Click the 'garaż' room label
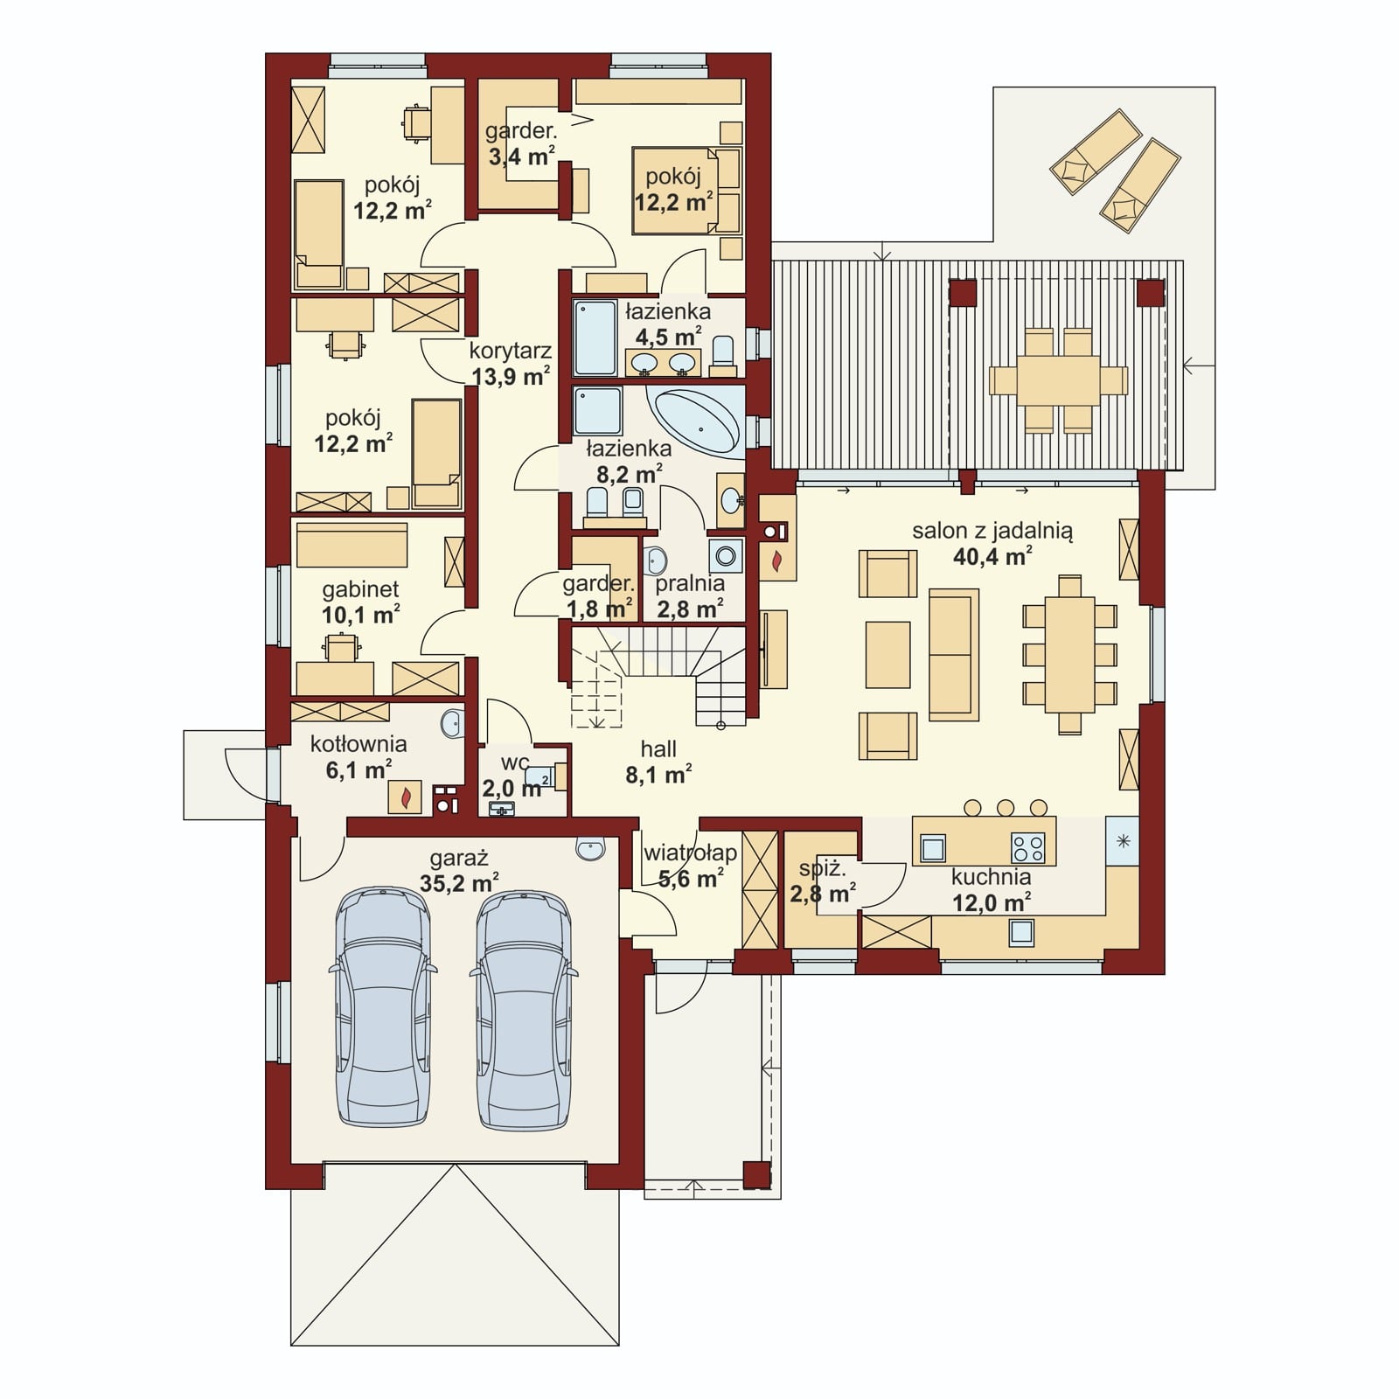point(458,858)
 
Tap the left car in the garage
point(383,1007)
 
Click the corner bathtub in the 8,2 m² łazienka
point(696,421)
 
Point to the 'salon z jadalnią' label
point(992,531)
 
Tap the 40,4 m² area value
point(992,555)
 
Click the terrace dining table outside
point(1057,381)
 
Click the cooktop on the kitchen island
point(1027,847)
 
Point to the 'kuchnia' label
point(991,877)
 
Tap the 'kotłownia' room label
point(358,744)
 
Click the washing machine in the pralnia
point(726,555)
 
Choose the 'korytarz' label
point(511,351)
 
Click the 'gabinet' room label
point(360,589)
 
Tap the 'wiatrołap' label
point(690,853)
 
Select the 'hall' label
point(658,749)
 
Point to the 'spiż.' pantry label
point(822,869)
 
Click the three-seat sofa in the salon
point(953,654)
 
